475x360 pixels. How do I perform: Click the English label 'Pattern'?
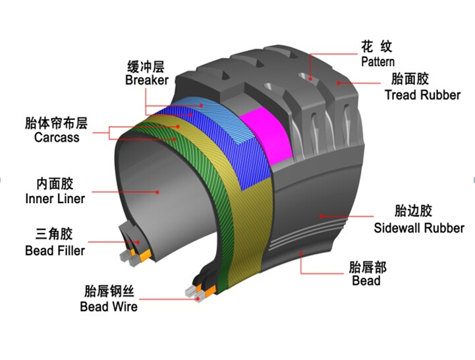pos(377,61)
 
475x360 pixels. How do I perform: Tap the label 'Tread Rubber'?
pos(422,95)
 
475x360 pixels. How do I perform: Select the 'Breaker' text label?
pos(147,80)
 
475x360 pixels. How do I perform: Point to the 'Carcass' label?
pos(57,137)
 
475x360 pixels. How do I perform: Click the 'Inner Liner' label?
pos(55,198)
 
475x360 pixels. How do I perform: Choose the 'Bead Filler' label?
pos(55,251)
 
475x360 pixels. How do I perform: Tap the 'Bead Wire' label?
pos(109,307)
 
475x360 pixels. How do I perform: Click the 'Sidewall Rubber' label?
pos(419,228)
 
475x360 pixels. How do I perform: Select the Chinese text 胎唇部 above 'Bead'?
pos(368,267)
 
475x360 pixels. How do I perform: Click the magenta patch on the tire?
pos(264,135)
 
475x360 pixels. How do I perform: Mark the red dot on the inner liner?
pos(157,192)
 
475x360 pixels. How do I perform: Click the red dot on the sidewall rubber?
pos(321,216)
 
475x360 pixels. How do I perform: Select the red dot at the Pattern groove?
pos(310,79)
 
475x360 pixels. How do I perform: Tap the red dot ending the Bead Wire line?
pos(198,299)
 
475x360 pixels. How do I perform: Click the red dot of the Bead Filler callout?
pos(138,243)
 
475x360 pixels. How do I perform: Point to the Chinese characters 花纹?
pos(377,46)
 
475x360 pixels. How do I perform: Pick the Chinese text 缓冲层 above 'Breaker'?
pos(146,67)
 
